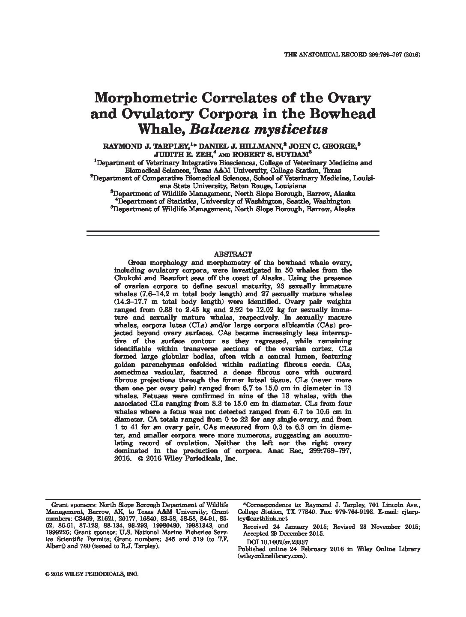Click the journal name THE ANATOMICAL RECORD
(x=328, y=55)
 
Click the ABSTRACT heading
(x=233, y=254)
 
